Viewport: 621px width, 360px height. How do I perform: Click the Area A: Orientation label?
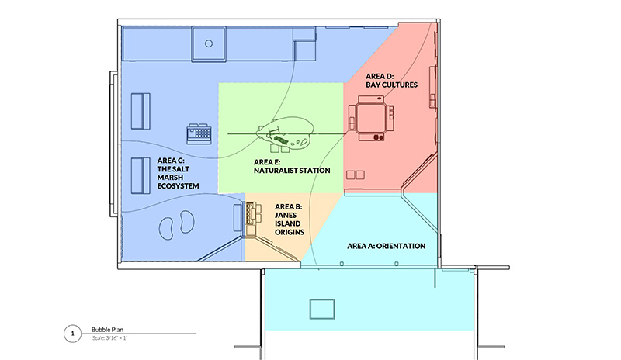386,246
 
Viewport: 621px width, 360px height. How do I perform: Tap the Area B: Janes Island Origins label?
289,220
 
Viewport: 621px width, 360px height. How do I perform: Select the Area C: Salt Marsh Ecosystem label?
178,173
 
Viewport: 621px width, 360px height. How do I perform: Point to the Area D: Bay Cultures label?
391,81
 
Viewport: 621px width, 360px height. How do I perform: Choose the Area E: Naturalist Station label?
292,166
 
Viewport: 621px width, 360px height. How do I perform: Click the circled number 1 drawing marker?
72,334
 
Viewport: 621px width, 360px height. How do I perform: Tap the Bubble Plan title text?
107,330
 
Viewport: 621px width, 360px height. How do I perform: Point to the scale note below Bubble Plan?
109,338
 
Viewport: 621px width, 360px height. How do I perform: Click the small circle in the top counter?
209,43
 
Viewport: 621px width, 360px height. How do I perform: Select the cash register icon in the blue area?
199,133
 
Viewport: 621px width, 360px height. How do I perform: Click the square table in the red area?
371,118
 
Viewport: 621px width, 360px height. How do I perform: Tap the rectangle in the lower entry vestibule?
322,309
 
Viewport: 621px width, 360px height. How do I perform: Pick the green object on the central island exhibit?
281,140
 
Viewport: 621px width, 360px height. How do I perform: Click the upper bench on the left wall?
141,111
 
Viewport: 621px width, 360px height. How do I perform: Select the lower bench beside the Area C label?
141,176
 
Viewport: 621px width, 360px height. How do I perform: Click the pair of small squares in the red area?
356,175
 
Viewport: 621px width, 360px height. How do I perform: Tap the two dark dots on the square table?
378,137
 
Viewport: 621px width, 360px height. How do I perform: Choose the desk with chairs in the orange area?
248,218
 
